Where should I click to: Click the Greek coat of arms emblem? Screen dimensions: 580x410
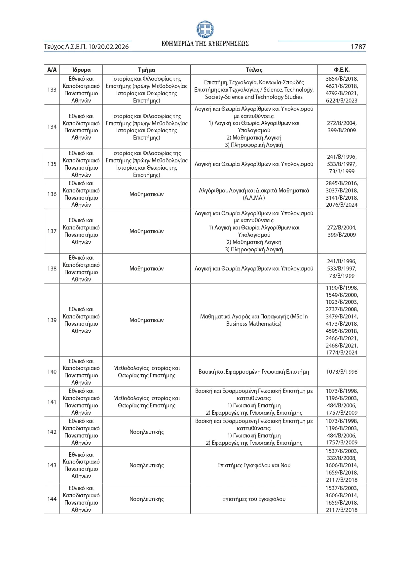(x=205, y=29)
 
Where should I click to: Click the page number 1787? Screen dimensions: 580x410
(x=358, y=47)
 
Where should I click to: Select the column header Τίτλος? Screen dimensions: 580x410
(x=254, y=70)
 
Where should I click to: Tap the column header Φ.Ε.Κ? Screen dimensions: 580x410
(x=342, y=70)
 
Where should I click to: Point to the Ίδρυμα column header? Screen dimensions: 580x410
(x=81, y=70)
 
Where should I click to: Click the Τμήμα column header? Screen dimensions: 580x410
(x=146, y=70)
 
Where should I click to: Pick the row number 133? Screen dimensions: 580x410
(x=52, y=90)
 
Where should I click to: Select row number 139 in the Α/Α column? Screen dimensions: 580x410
(x=52, y=320)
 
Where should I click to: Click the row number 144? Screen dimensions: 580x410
(x=52, y=499)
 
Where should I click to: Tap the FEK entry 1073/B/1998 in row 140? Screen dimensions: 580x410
(x=342, y=372)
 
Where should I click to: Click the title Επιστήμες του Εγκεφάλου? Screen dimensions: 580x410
(x=254, y=499)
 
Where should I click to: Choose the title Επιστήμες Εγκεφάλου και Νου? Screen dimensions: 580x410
(x=254, y=465)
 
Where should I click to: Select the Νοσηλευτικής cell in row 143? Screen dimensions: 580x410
(x=146, y=465)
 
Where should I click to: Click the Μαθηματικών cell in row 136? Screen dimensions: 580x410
(x=146, y=194)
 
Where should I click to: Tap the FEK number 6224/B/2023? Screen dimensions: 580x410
(x=342, y=101)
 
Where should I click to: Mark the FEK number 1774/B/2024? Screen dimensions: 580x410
(x=342, y=352)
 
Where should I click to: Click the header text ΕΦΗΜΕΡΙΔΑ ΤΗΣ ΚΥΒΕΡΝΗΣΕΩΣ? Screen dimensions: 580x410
(x=205, y=44)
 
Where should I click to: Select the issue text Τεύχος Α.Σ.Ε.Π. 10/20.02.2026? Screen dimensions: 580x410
(x=86, y=47)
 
